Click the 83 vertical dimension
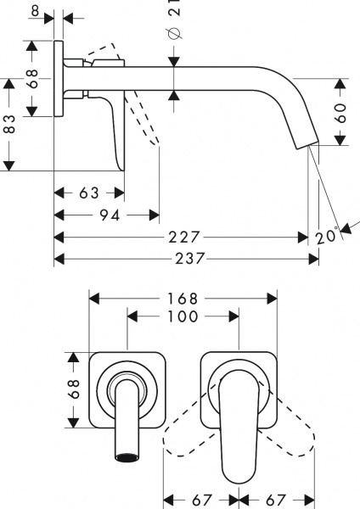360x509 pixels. click(x=10, y=125)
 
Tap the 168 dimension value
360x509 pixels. click(x=183, y=299)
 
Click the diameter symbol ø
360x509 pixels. click(x=172, y=33)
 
